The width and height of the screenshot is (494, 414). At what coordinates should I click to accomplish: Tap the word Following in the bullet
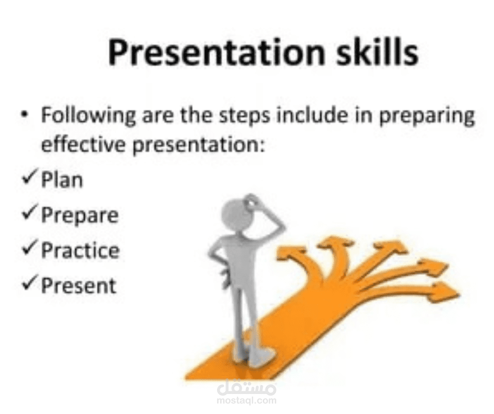click(88, 116)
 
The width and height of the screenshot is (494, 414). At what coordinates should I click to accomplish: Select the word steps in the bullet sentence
click(244, 117)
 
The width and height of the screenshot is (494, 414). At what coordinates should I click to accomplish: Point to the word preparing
click(427, 117)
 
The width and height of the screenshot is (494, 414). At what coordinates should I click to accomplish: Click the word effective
click(83, 144)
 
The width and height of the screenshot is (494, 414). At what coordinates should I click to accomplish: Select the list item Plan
click(62, 180)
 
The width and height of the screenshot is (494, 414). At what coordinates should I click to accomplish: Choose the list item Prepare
click(80, 216)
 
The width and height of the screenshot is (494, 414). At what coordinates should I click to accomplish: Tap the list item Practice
click(80, 251)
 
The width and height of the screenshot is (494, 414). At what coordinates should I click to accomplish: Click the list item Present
click(79, 285)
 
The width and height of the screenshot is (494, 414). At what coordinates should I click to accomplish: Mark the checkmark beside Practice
click(30, 247)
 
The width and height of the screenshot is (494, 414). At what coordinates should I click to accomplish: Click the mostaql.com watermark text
click(246, 401)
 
